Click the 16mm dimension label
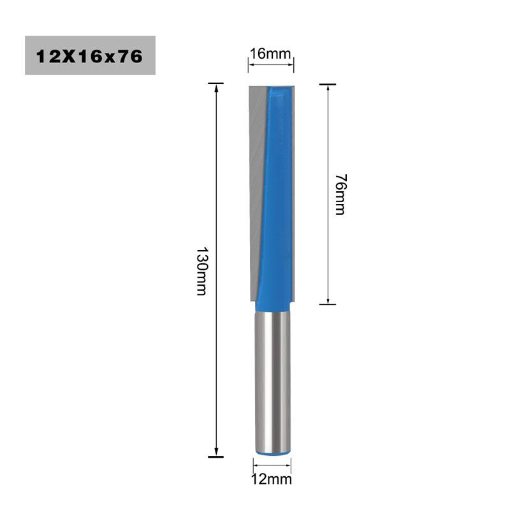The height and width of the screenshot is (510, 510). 270,53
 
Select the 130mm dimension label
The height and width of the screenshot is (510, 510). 201,270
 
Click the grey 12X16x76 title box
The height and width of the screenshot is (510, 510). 90,55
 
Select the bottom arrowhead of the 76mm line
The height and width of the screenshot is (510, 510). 328,299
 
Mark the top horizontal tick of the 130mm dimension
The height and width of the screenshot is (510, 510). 217,84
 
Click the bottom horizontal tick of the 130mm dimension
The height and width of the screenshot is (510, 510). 217,456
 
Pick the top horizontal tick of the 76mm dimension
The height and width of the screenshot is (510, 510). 328,84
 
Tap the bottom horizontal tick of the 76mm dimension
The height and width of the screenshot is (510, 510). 328,303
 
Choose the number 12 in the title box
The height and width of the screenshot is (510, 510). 46,56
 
